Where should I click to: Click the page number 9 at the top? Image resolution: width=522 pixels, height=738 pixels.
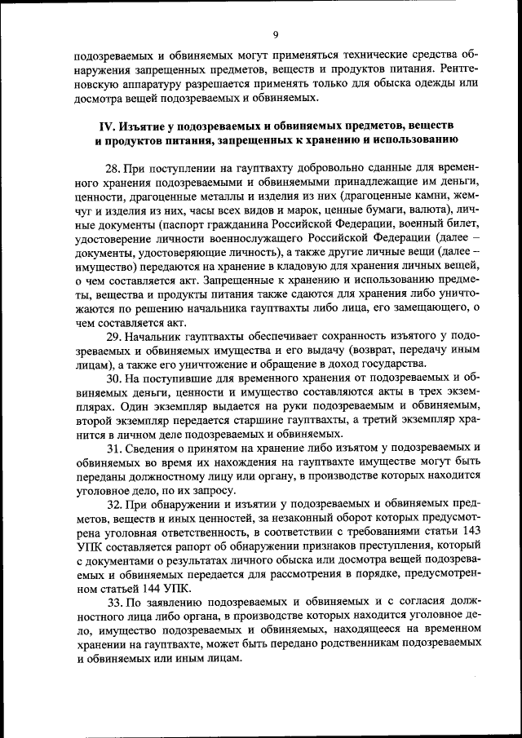pos(275,33)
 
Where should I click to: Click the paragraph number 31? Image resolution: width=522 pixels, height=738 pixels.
pos(113,449)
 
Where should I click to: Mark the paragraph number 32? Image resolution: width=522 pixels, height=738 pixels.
pos(113,505)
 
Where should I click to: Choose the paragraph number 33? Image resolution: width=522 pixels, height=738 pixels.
pos(113,601)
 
